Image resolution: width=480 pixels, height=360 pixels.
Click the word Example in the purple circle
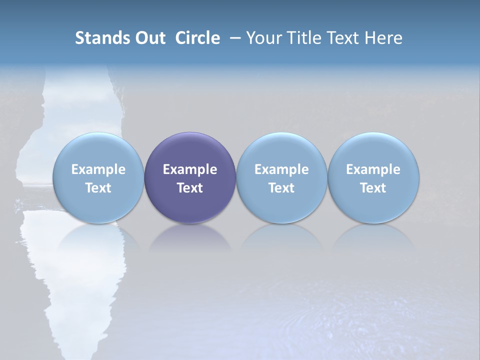click(x=190, y=169)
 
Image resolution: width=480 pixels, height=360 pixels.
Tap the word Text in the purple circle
click(x=190, y=188)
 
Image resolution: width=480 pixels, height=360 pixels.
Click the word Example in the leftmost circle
click(x=98, y=169)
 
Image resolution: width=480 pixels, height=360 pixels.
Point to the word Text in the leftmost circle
click(x=98, y=188)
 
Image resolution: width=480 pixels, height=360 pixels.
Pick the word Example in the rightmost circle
click(x=373, y=169)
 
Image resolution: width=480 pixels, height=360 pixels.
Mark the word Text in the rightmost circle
click(x=373, y=188)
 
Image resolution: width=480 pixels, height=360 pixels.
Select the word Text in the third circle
click(x=281, y=188)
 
